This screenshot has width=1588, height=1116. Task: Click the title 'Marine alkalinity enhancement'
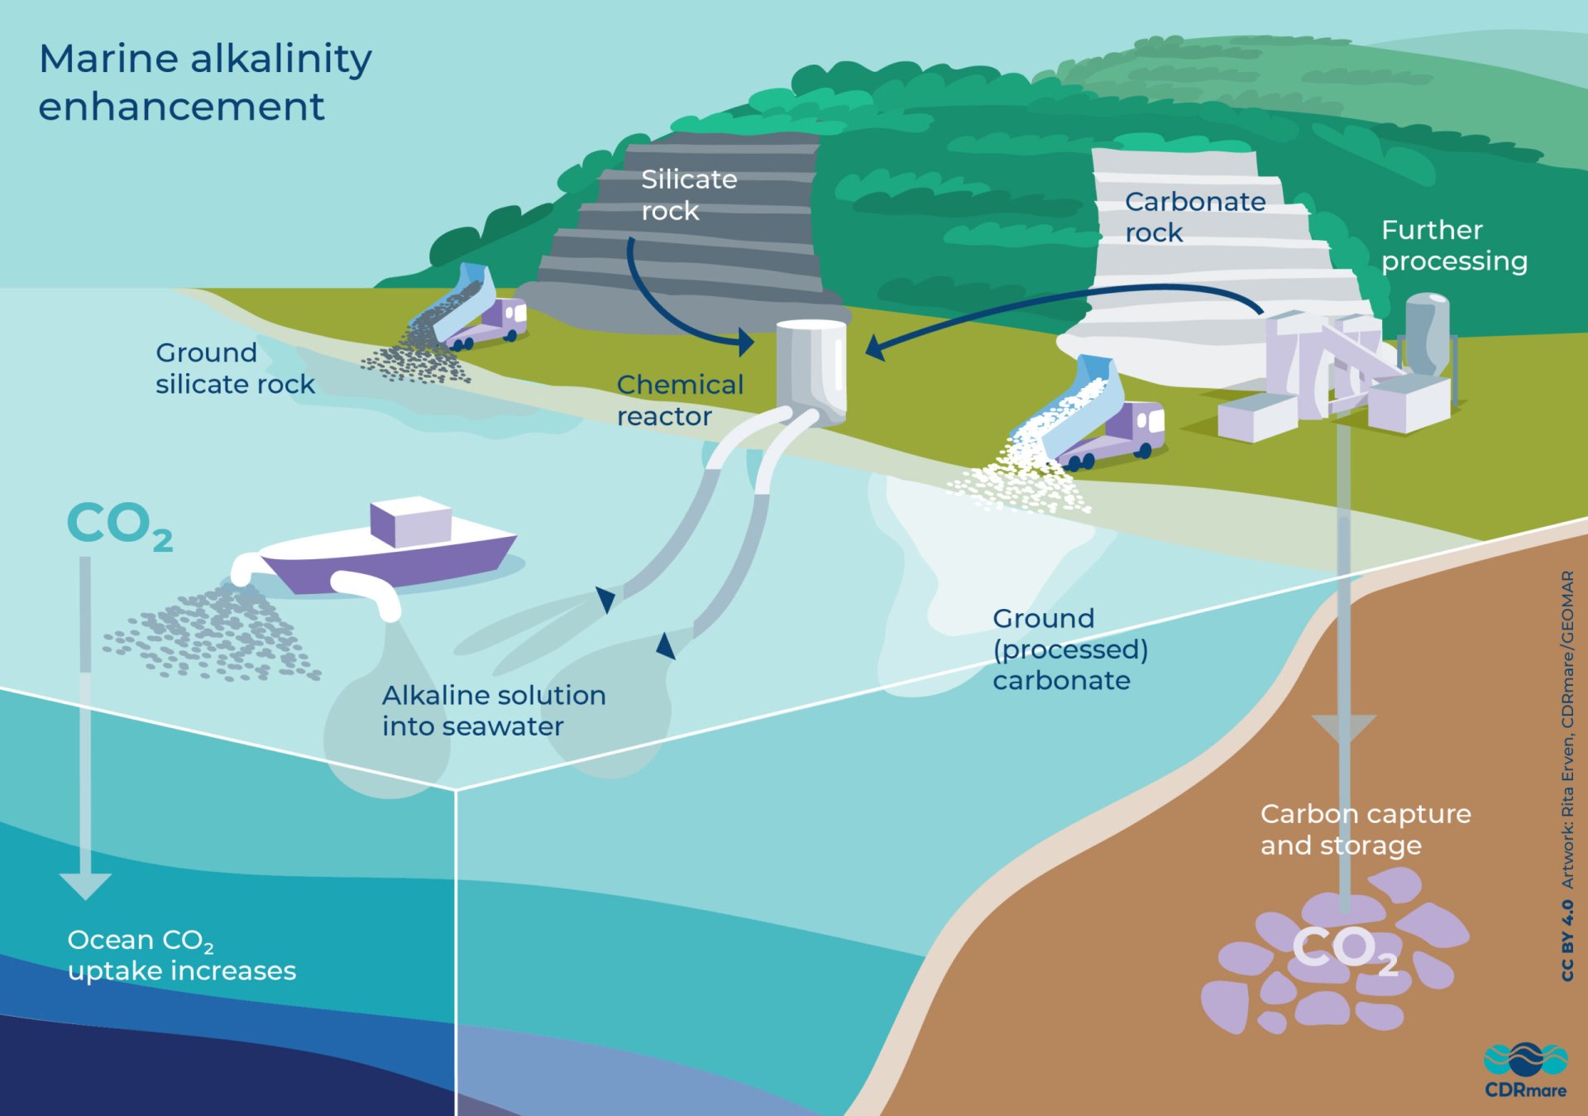click(x=205, y=82)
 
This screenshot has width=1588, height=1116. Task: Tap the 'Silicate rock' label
click(x=688, y=194)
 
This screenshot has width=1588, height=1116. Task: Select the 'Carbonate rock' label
click(x=1194, y=217)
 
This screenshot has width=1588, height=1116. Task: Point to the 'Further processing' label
click(x=1453, y=246)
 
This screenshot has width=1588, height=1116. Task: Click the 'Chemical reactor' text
click(x=680, y=400)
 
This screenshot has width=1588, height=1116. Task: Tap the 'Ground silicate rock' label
click(x=235, y=368)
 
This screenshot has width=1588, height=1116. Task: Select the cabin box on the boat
click(x=410, y=521)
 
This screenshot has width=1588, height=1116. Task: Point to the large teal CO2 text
click(x=119, y=525)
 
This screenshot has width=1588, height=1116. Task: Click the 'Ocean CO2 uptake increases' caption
click(x=181, y=955)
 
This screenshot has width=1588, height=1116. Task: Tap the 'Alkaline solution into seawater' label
click(x=493, y=711)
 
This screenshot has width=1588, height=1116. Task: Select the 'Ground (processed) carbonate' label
click(x=1069, y=649)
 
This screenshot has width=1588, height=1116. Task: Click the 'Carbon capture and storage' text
click(x=1365, y=830)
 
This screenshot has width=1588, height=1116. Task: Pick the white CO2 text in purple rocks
click(x=1344, y=949)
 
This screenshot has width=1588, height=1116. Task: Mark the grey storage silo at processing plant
click(x=1427, y=331)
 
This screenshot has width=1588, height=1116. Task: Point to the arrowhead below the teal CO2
click(x=85, y=885)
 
